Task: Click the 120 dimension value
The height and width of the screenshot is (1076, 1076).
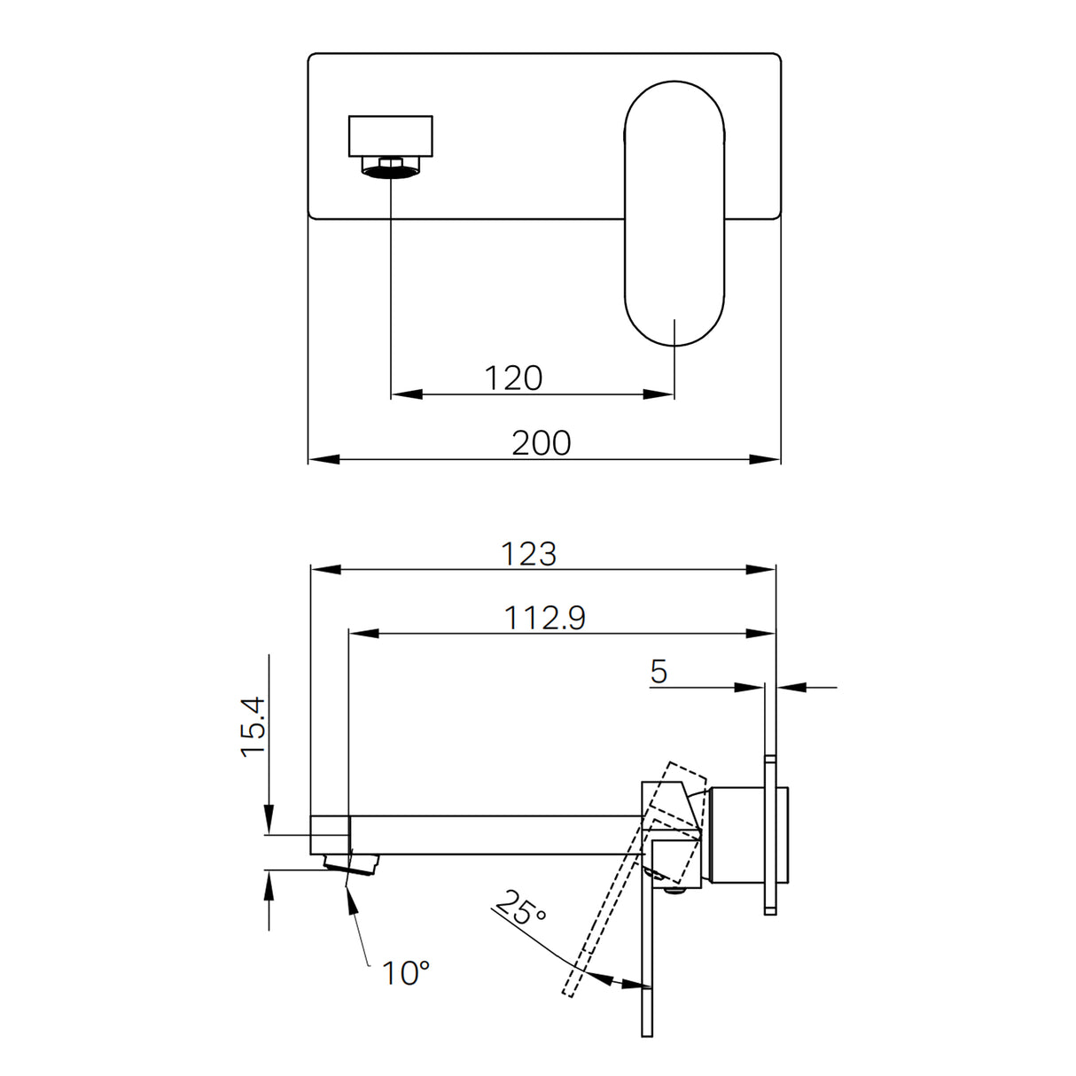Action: (x=513, y=378)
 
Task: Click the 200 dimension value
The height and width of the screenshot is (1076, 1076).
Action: (x=541, y=442)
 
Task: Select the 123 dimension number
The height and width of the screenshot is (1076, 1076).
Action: (x=528, y=554)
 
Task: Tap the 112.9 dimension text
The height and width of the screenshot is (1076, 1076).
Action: (x=544, y=618)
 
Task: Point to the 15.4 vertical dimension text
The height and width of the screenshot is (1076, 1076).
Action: (x=253, y=727)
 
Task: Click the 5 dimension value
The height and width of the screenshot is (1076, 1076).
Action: (x=658, y=672)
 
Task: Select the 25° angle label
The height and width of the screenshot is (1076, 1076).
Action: (x=520, y=909)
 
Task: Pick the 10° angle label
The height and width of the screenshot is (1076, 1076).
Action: (x=405, y=973)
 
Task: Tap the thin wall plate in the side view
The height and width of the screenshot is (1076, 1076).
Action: (x=770, y=833)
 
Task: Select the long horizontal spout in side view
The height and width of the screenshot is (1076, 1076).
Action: (x=496, y=835)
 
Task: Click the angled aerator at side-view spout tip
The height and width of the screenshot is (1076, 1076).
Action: (x=353, y=862)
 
